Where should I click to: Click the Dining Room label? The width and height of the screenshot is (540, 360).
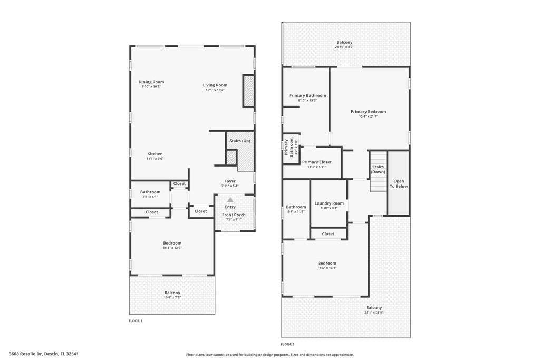click(x=151, y=82)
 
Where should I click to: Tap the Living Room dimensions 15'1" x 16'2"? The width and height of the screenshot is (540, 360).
click(x=215, y=90)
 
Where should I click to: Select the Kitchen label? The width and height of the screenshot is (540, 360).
click(x=155, y=154)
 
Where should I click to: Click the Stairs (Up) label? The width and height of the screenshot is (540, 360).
click(x=239, y=141)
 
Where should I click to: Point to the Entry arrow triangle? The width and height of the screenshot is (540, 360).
click(x=230, y=200)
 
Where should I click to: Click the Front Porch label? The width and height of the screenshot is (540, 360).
click(x=234, y=215)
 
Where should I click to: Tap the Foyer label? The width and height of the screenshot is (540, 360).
click(x=230, y=181)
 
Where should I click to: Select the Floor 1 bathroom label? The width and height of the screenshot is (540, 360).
click(x=150, y=192)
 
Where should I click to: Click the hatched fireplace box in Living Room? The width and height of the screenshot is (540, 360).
click(x=248, y=91)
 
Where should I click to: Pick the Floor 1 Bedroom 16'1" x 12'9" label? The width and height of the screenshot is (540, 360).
click(x=172, y=243)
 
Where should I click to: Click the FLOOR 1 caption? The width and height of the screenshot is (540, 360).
click(x=136, y=320)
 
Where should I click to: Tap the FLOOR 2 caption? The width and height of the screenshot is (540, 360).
click(x=287, y=344)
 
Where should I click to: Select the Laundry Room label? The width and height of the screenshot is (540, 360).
click(x=329, y=203)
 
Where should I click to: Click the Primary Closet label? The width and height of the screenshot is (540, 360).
click(x=316, y=162)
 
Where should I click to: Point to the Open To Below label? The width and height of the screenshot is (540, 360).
click(x=399, y=183)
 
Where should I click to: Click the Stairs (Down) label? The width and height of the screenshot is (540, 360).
click(x=378, y=169)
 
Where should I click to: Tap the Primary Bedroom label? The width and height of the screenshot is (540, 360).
click(x=368, y=111)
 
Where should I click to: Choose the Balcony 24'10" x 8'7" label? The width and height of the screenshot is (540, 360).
click(x=344, y=42)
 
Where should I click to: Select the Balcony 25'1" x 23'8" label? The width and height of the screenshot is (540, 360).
click(x=374, y=308)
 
